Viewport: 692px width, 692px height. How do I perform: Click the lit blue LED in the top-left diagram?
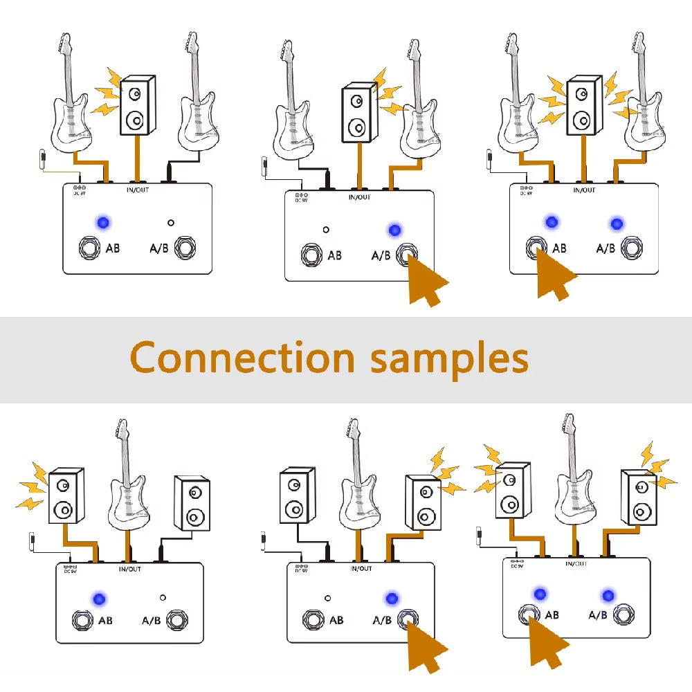103,222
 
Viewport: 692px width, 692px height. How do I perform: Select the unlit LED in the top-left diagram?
170,223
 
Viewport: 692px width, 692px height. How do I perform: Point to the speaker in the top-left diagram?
138,107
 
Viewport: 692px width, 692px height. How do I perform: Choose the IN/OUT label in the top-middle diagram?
360,197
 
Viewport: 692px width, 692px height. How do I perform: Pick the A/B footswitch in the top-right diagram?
632,247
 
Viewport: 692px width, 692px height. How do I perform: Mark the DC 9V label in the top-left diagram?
79,190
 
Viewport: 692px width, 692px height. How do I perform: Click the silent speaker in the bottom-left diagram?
192,502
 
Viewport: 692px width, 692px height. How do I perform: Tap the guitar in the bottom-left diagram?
127,484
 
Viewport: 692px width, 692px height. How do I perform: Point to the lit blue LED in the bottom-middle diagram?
392,598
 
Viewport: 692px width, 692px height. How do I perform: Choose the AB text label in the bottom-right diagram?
552,614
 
